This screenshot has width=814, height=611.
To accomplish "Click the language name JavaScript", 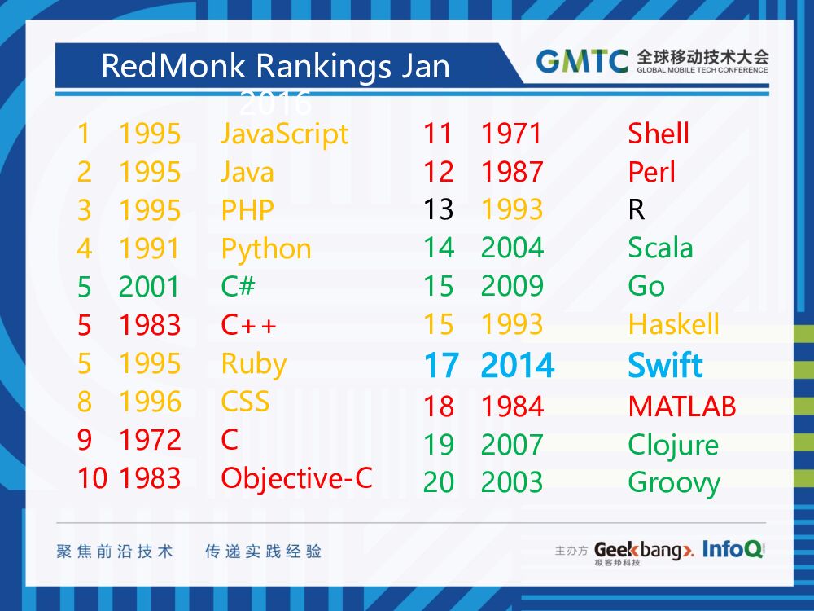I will coord(284,134).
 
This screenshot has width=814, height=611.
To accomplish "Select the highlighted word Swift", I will coord(665,366).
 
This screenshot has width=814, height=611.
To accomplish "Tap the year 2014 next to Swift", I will coord(518,366).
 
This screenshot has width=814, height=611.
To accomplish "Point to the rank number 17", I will coord(440,366).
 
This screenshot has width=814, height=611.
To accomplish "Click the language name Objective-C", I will coord(296,478).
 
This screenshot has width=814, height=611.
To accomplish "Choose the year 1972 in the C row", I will coord(150,440).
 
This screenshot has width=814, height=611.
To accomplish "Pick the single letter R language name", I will coord(637,210).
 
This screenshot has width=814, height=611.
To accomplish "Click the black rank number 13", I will coord(438,210).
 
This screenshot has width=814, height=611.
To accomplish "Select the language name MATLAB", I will coord(681,406).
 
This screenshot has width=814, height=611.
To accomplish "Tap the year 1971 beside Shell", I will coord(511,134).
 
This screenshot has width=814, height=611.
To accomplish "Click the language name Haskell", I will coord(673,325).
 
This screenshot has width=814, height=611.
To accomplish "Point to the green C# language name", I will coord(239,287).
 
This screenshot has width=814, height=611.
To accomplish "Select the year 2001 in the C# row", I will coord(150,287).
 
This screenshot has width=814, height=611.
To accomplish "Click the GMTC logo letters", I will coord(582,62).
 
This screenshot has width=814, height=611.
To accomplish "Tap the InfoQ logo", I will coord(733,550).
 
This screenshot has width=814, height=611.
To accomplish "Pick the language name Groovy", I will coord(673,483).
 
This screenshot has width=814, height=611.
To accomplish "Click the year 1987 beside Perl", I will coord(511,172).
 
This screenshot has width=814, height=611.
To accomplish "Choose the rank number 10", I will coord(92,478).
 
